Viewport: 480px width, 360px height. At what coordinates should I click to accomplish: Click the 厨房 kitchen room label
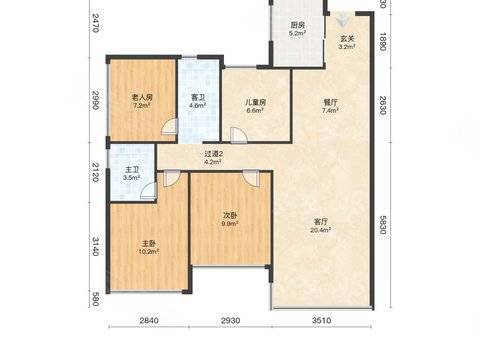click(298, 25)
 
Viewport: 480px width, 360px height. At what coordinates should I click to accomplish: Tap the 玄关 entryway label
click(347, 39)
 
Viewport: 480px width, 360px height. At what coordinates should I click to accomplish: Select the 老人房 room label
click(142, 97)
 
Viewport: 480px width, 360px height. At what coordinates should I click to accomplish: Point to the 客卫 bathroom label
click(198, 97)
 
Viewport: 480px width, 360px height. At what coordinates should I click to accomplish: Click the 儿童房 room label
click(255, 102)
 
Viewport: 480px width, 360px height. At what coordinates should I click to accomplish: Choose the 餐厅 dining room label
click(330, 102)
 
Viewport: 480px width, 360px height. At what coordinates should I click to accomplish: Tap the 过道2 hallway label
click(213, 154)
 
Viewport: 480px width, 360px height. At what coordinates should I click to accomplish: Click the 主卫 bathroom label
click(132, 170)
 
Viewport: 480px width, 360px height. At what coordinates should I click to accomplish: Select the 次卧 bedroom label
click(230, 215)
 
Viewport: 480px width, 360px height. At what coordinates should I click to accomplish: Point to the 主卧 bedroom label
click(149, 243)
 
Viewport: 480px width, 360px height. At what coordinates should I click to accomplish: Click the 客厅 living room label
click(321, 221)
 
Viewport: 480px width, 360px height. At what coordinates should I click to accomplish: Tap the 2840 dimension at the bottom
click(149, 320)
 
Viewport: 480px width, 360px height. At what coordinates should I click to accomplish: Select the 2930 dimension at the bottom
click(230, 320)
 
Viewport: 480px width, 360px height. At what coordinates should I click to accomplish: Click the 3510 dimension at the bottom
click(322, 320)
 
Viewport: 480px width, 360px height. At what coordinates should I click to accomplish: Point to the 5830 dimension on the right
click(383, 225)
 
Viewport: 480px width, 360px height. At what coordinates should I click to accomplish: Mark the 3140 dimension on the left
click(95, 246)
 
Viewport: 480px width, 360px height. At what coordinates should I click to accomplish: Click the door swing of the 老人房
click(169, 127)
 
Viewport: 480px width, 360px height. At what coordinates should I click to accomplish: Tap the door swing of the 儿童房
click(239, 135)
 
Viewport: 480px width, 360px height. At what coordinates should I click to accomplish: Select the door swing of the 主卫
click(148, 191)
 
